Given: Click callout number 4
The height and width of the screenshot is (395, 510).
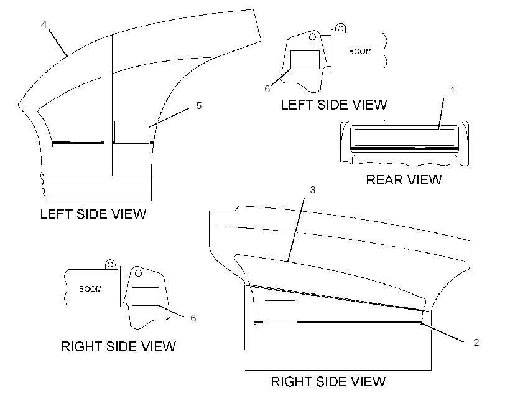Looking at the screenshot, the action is tap(44, 24).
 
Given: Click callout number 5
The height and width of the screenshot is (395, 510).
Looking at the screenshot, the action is tap(199, 105).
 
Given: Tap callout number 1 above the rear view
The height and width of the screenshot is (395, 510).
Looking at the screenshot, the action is tap(452, 90).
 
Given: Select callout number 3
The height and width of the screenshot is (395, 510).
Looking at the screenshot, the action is tap(313, 189).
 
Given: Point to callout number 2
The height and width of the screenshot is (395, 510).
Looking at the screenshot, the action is tap(476, 343).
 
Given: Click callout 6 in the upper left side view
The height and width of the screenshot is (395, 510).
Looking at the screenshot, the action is tap(267, 89).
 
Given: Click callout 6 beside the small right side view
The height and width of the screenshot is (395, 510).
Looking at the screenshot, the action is tap(193, 318).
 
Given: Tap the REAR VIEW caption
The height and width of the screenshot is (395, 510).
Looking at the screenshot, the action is tap(404, 180).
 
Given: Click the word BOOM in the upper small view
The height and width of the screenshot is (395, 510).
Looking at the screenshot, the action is tap(360, 52).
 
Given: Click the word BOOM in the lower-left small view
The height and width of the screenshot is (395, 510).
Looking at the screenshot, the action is tap(90, 289).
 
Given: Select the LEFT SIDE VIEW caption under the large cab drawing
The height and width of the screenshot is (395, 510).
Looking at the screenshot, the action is tap(93, 214).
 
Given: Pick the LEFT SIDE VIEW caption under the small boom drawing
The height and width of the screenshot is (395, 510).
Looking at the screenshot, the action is tap(334, 105).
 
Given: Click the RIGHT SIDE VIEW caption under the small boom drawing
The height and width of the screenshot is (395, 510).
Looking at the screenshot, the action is tap(118, 346).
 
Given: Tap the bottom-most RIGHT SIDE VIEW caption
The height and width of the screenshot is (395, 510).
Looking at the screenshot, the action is tap(328, 382).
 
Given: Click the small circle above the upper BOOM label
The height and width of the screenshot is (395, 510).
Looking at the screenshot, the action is tap(341, 29).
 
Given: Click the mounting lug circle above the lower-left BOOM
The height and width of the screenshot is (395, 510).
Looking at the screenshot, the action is tap(110, 264).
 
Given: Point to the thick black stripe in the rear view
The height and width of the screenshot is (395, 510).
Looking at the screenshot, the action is tap(404, 149).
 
